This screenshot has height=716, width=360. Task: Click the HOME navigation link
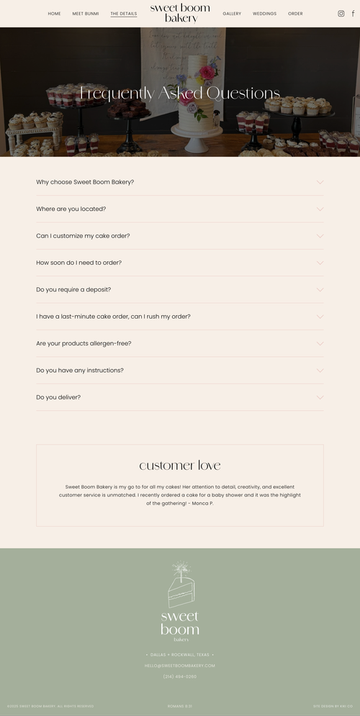click(x=54, y=14)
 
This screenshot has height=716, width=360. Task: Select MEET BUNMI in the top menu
click(x=86, y=14)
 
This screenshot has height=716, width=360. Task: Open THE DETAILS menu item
click(x=123, y=14)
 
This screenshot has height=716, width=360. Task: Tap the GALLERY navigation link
click(x=232, y=14)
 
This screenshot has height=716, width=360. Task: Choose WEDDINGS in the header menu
click(x=264, y=14)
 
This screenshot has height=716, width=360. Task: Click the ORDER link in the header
click(x=295, y=14)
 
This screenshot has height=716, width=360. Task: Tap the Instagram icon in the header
click(x=341, y=14)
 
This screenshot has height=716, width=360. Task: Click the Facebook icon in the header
click(x=353, y=14)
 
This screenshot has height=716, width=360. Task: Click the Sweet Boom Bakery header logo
click(x=180, y=13)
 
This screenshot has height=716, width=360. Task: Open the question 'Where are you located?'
click(x=71, y=209)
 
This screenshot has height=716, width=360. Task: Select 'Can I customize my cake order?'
click(x=83, y=236)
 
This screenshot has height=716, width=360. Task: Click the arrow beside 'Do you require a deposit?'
click(x=320, y=289)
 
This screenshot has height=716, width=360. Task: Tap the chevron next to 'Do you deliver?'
click(x=320, y=397)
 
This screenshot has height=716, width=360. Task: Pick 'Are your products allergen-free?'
click(x=84, y=343)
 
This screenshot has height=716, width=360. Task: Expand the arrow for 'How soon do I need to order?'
click(x=320, y=263)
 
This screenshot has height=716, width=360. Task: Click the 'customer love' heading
click(x=180, y=466)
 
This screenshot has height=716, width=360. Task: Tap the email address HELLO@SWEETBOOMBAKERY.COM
click(x=180, y=666)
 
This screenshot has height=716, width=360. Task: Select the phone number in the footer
click(x=180, y=676)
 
